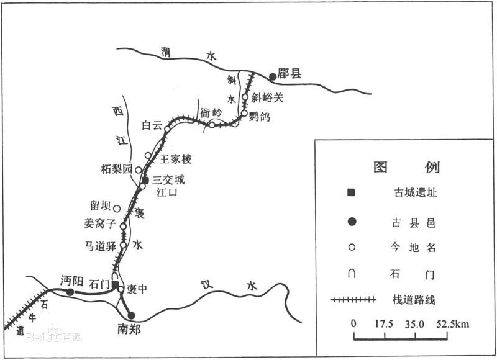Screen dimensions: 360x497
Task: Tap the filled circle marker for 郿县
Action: click(x=272, y=76)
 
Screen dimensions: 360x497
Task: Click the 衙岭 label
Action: click(x=211, y=112)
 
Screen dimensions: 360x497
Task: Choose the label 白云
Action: click(x=152, y=125)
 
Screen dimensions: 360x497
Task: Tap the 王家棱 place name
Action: click(x=176, y=160)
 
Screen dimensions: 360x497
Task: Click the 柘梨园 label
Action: click(x=117, y=168)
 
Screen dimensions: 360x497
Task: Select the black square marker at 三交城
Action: click(x=145, y=179)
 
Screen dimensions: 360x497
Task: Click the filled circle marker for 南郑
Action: click(x=131, y=315)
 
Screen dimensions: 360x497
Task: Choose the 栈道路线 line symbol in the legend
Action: click(x=353, y=300)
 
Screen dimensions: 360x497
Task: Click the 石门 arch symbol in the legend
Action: click(x=352, y=273)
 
